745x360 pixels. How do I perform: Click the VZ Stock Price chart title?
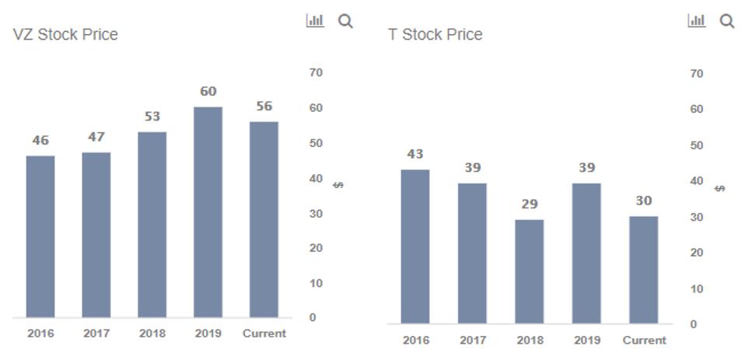point(65,34)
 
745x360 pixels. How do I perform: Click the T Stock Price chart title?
point(435,34)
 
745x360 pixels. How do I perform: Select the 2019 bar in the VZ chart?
point(208,211)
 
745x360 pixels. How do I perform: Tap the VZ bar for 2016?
point(40,236)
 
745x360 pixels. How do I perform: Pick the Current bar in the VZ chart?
point(264,219)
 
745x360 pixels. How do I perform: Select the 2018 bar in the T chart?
point(530,271)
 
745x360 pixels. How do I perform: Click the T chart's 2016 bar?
point(414,246)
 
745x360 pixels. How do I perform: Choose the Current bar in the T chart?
point(644,270)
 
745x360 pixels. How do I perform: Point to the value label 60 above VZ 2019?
point(208,92)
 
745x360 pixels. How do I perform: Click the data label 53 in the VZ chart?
point(152,117)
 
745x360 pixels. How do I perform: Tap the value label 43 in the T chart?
point(414,155)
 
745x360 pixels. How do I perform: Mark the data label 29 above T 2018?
point(530,204)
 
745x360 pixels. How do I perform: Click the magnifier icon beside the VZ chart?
point(345,21)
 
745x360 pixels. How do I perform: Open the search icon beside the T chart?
point(727,21)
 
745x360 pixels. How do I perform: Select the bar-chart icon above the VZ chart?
point(315,21)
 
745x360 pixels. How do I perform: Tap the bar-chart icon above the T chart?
point(697,21)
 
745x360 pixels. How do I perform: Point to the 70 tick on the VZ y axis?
point(316,72)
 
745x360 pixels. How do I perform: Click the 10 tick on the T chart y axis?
point(696,288)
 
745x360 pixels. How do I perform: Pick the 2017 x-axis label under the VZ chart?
point(96,334)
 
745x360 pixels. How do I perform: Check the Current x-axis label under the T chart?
point(644,340)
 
